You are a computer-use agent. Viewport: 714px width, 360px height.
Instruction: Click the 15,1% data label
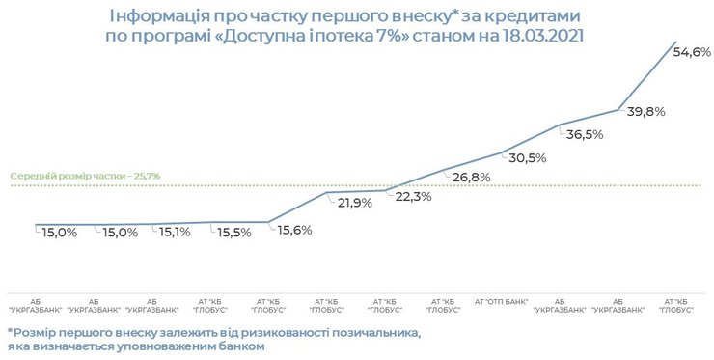tap(175, 232)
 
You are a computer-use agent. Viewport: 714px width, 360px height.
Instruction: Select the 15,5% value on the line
tap(234, 233)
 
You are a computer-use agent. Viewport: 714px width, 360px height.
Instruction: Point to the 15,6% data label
tap(295, 229)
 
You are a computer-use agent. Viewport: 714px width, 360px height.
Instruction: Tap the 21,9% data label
tap(354, 203)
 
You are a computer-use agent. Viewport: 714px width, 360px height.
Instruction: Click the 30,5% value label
tap(527, 158)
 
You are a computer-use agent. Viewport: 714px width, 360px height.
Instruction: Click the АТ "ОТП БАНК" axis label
tap(502, 301)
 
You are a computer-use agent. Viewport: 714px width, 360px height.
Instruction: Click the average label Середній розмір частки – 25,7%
tap(85, 177)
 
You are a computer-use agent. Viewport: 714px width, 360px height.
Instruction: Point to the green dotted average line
tap(241, 184)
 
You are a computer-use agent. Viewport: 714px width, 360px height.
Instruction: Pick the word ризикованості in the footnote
tap(288, 332)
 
